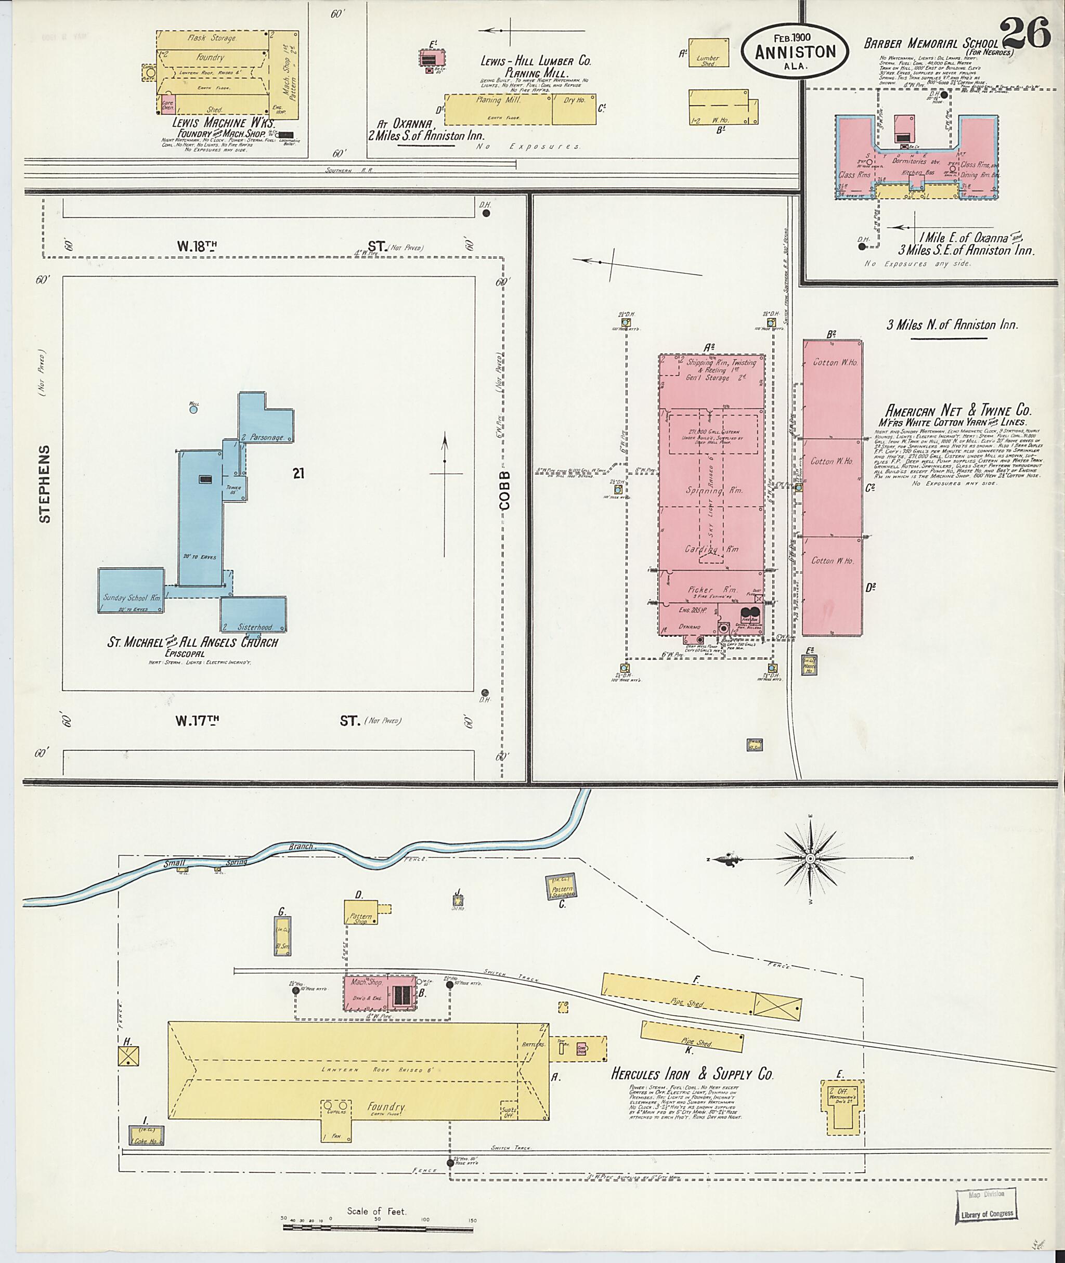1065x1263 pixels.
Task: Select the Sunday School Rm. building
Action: (131, 591)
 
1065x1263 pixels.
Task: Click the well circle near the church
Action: (193, 409)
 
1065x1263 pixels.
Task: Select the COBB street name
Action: (505, 490)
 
